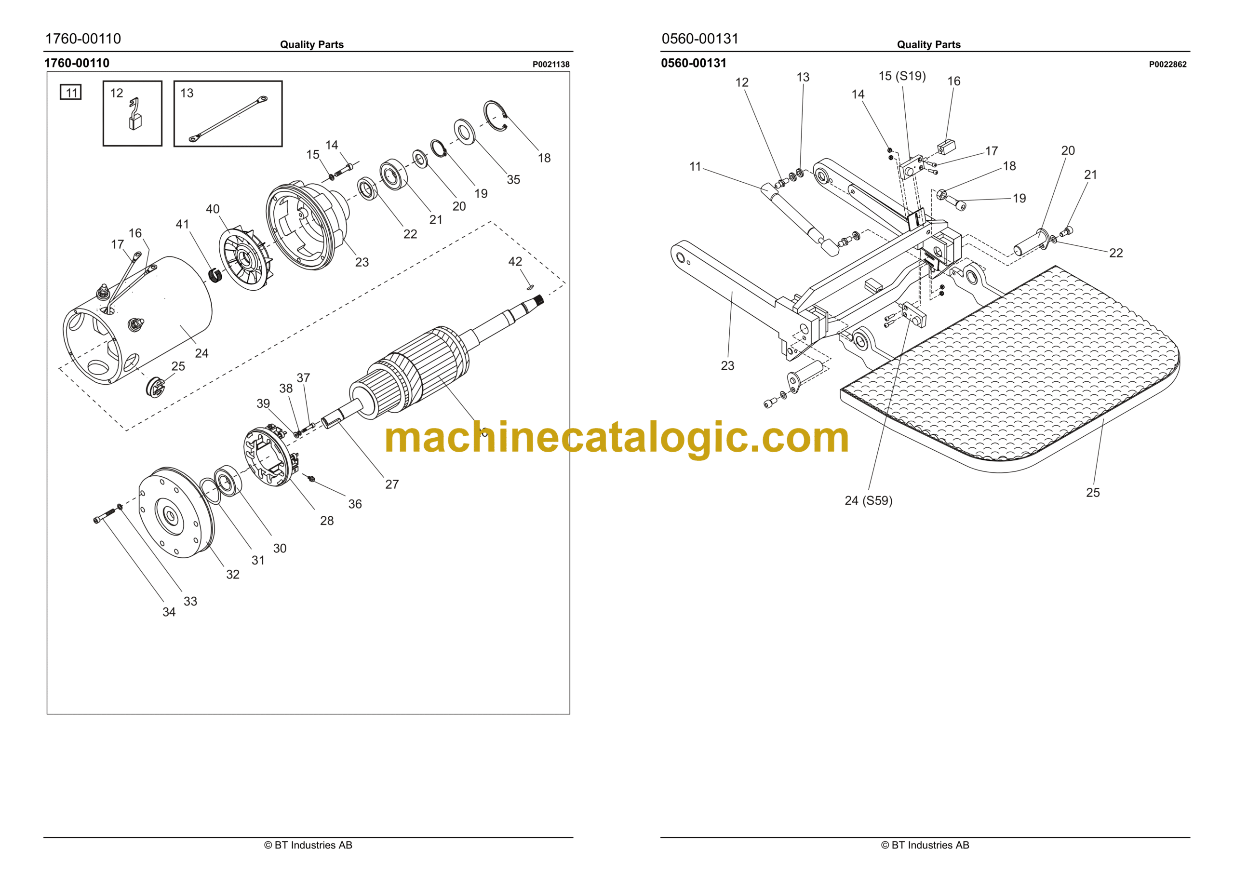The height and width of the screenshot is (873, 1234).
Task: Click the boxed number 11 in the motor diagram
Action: pos(71,93)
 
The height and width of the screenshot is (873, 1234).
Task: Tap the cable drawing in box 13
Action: pos(228,120)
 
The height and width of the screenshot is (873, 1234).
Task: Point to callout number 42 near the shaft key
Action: pos(515,262)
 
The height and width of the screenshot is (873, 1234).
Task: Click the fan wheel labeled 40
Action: pos(246,259)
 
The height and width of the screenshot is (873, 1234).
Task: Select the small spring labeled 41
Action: pos(215,275)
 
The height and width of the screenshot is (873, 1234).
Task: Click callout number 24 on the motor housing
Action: pos(201,353)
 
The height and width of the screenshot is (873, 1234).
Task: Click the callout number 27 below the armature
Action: pos(392,484)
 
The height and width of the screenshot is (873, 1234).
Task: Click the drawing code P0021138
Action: pos(551,65)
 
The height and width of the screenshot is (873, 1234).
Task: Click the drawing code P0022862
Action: pos(1167,65)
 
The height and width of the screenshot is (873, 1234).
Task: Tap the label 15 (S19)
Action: pos(902,76)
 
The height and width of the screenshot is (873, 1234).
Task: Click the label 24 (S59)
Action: pos(868,500)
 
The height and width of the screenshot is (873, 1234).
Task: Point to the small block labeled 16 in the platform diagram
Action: pos(946,146)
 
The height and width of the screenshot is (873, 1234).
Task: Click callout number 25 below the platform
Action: pos(1093,492)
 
